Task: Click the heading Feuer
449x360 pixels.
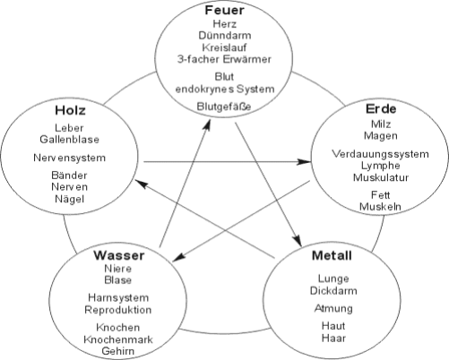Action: (224, 10)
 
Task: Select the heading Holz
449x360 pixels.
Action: (70, 110)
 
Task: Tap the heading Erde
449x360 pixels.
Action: (381, 109)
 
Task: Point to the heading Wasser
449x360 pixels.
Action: (119, 255)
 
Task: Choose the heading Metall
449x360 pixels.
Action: (332, 255)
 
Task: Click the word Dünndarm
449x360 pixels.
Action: (225, 36)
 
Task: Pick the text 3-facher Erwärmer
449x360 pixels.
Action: (224, 59)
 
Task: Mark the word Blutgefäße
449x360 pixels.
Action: (224, 107)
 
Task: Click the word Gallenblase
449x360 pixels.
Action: (69, 140)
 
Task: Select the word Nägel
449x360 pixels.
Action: (69, 199)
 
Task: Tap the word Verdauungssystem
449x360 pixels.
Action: (380, 154)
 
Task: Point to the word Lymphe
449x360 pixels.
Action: (380, 166)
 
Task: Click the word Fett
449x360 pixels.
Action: (381, 195)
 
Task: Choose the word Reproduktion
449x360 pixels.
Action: (118, 310)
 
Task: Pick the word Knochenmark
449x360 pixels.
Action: (118, 339)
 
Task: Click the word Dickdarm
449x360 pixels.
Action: (333, 290)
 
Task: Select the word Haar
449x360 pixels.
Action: (333, 339)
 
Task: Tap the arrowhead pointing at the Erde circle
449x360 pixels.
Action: (305, 162)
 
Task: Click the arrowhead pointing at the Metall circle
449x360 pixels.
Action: (298, 240)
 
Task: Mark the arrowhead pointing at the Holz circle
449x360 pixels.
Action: (142, 184)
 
